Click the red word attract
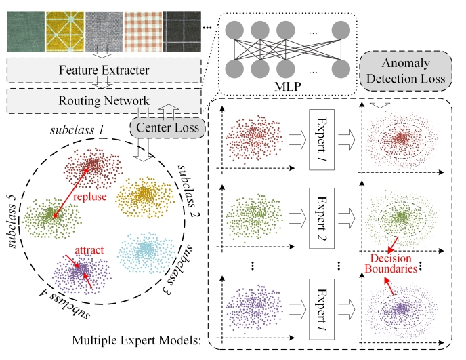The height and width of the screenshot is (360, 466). pos(89,249)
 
